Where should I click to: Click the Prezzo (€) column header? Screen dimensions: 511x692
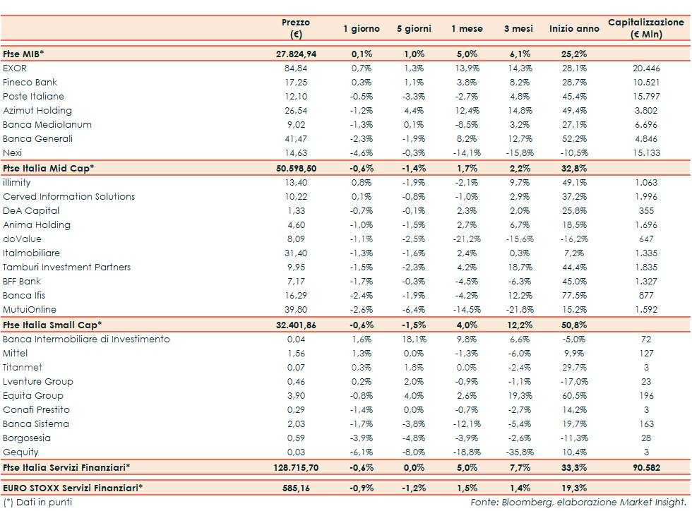[296, 28]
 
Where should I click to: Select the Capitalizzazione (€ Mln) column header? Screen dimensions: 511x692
[645, 28]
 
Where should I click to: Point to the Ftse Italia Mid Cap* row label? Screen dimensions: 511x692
[49, 167]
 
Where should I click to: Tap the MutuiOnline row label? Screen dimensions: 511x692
[30, 309]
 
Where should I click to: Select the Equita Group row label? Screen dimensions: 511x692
[33, 395]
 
